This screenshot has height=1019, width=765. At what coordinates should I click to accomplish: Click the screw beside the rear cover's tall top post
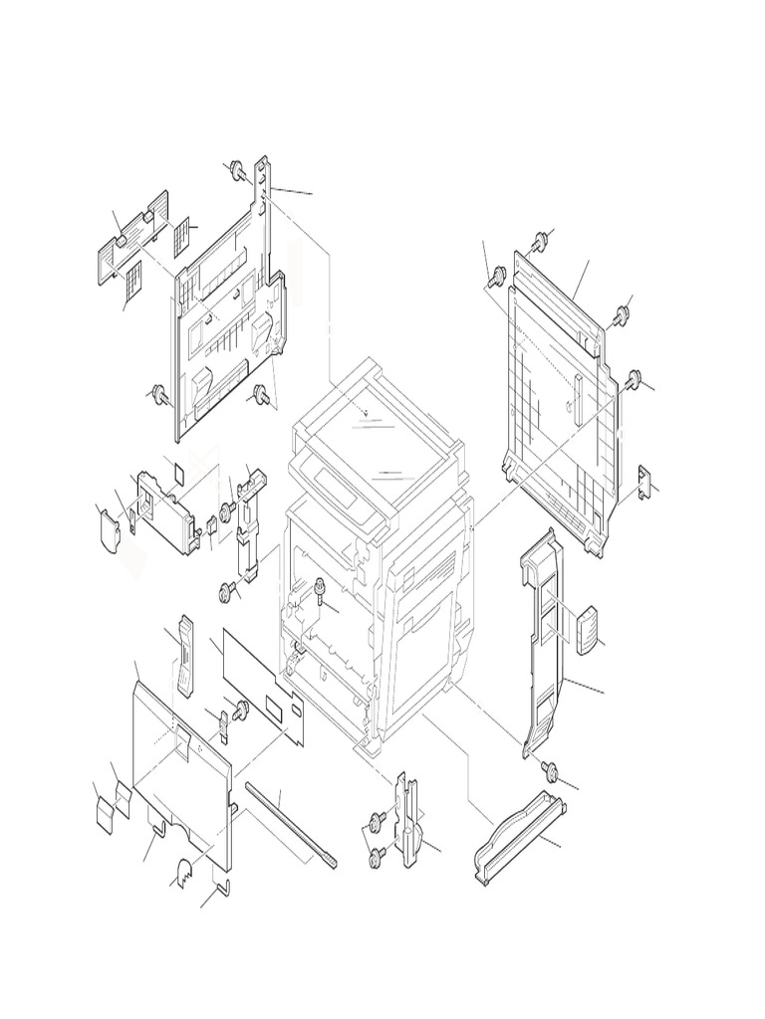237,170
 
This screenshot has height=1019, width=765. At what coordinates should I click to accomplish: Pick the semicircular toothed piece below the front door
186,875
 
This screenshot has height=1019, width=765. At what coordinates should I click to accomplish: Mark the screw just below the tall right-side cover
549,771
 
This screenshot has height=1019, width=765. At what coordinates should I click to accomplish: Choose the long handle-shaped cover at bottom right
519,836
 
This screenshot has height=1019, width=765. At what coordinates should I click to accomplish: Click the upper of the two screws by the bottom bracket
378,820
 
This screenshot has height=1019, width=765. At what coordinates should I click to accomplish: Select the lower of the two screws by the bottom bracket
376,855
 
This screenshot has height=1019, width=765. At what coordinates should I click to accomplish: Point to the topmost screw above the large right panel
539,240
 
